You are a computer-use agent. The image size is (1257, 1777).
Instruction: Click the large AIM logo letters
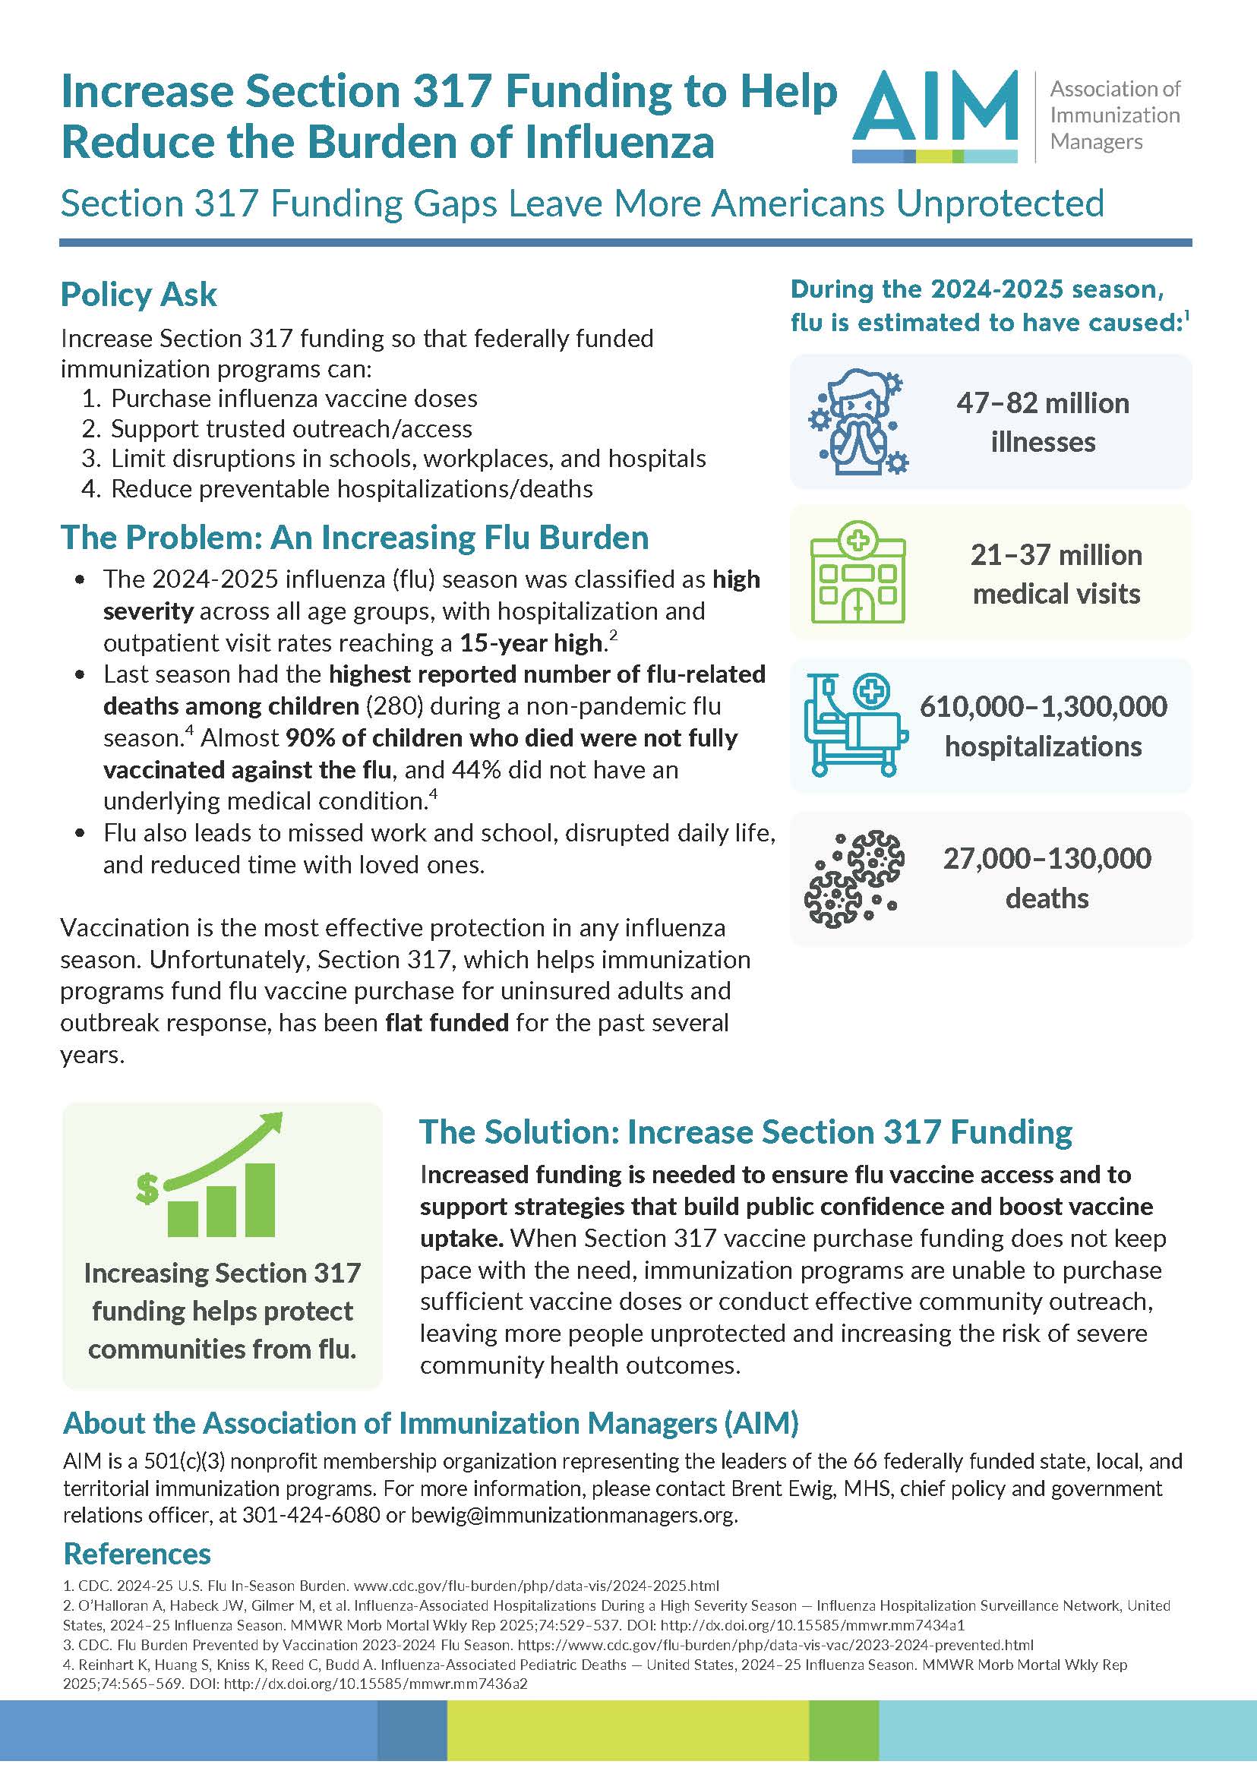[935, 109]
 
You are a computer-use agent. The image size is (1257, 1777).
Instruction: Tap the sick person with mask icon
[857, 422]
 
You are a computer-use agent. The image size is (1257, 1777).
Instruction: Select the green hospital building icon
[857, 573]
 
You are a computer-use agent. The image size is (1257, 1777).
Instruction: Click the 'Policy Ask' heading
[138, 295]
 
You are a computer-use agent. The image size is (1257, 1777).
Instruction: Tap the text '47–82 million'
[1043, 403]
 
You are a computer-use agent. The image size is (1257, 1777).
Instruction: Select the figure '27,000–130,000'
[1047, 858]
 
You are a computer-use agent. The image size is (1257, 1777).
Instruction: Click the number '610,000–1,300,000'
[1043, 706]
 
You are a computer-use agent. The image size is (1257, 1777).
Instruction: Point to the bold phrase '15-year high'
[531, 643]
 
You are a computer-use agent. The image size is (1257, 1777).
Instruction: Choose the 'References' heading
[137, 1554]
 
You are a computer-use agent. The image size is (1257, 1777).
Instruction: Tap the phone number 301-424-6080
[311, 1515]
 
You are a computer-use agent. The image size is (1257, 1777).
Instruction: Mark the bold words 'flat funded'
[447, 1023]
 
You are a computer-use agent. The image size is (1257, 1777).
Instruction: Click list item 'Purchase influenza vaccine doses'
[294, 399]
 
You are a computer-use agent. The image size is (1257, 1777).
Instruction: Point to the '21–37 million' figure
[1056, 555]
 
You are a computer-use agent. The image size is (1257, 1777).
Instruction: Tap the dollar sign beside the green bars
[147, 1188]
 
